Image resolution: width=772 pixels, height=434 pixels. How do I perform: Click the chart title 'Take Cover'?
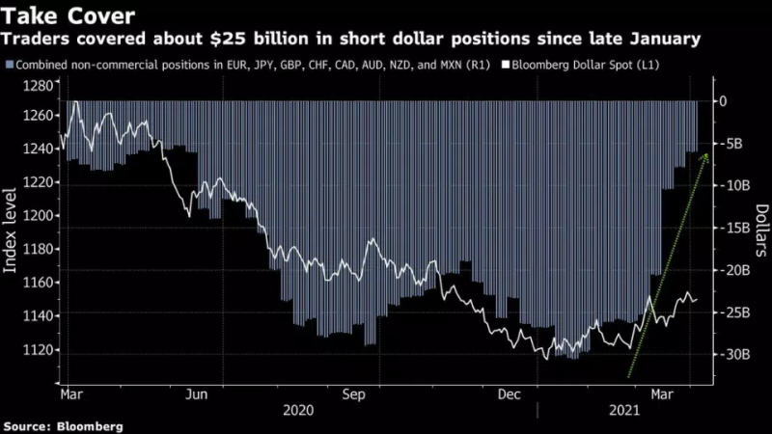(65, 15)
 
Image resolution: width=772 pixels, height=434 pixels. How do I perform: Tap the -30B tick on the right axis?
(731, 355)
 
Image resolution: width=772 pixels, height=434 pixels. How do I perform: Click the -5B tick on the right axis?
(731, 144)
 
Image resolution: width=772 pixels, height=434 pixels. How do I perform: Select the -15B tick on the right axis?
(731, 228)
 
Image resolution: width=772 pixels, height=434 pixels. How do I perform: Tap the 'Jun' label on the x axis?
(196, 394)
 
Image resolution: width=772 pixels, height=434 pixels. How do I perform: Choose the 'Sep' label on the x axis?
(353, 394)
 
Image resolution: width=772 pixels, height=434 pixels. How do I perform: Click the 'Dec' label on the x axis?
(510, 394)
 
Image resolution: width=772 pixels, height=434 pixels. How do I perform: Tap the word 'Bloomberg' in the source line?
(92, 425)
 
